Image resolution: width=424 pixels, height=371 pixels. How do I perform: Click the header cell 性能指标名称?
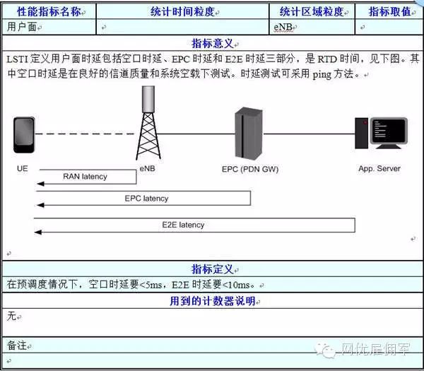point(48,11)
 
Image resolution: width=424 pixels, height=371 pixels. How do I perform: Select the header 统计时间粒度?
point(182,11)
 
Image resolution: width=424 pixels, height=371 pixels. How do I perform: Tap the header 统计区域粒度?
point(312,11)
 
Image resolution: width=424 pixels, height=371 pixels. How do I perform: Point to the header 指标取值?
point(390,11)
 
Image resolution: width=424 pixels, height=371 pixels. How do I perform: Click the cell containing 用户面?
point(20,27)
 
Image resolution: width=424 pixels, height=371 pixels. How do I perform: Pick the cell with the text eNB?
point(285,27)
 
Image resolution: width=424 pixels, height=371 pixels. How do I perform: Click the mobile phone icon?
point(23,136)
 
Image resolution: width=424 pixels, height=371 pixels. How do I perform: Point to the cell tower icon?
point(147,123)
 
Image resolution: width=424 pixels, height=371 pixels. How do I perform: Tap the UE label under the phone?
point(23,169)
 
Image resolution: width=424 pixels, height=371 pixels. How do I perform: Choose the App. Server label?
point(379,169)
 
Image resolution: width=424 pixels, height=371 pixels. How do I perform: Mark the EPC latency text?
point(146,199)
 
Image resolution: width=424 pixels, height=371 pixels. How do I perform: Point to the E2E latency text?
point(182,225)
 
